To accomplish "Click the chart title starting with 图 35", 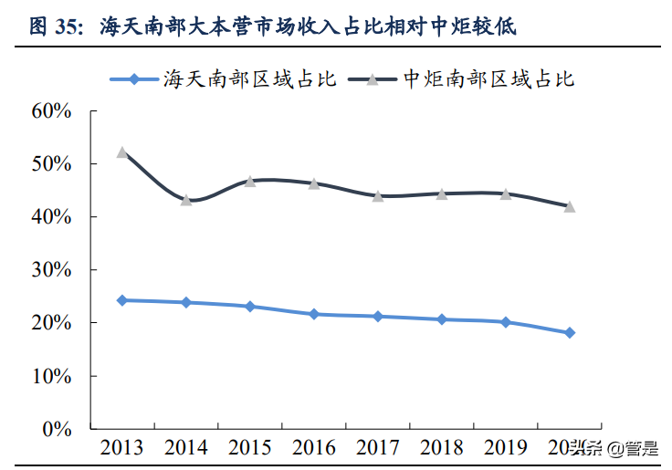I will pyautogui.click(x=273, y=26).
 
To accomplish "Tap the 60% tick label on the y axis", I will pyautogui.click(x=51, y=111).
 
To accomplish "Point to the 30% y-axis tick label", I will pyautogui.click(x=51, y=270).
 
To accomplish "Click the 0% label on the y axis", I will pyautogui.click(x=57, y=428).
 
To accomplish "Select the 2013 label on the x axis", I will pyautogui.click(x=122, y=448).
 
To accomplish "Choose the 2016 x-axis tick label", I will pyautogui.click(x=314, y=448).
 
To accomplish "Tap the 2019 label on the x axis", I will pyautogui.click(x=506, y=448).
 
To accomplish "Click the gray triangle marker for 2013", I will pyautogui.click(x=122, y=152).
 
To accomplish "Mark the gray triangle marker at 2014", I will pyautogui.click(x=186, y=200).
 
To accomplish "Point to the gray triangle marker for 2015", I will pyautogui.click(x=250, y=181).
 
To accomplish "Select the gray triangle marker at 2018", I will pyautogui.click(x=442, y=193).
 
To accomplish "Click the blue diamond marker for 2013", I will pyautogui.click(x=122, y=299).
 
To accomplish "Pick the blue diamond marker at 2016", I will pyautogui.click(x=314, y=314).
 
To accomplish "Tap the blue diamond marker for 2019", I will pyautogui.click(x=506, y=322).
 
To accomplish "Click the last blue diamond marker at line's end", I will pyautogui.click(x=570, y=333).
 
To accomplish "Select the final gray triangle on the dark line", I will pyautogui.click(x=570, y=206).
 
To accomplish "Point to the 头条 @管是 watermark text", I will pyautogui.click(x=613, y=448).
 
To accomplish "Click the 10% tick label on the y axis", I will pyautogui.click(x=51, y=376).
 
